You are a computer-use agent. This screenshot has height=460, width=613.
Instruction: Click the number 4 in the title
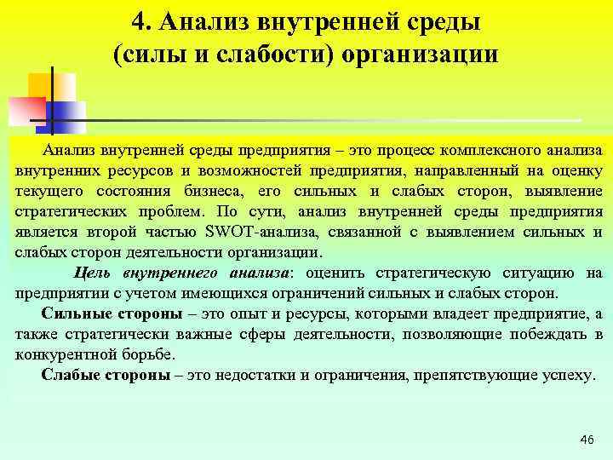tap(141, 20)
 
